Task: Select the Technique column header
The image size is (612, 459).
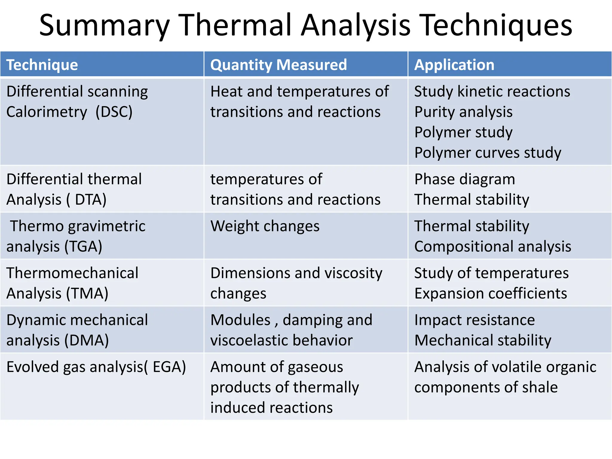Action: [42, 65]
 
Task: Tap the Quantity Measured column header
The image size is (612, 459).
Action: [279, 65]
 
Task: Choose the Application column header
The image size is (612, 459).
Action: [454, 65]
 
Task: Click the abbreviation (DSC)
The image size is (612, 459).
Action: [114, 112]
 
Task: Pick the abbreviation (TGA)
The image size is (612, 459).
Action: [83, 247]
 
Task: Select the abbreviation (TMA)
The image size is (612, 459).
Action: [87, 293]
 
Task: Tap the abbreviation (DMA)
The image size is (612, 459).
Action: [87, 340]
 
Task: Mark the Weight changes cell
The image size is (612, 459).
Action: [265, 226]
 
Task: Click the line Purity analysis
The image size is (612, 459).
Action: [463, 112]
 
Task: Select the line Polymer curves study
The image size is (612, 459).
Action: [488, 153]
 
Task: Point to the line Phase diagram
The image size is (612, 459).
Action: [465, 179]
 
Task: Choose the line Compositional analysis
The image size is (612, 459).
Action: [493, 247]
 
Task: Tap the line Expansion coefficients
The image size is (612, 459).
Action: [491, 293]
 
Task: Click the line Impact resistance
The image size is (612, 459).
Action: [475, 320]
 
